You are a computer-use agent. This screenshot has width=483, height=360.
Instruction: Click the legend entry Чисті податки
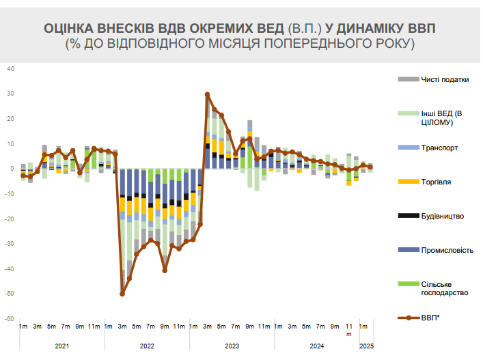tap(445, 79)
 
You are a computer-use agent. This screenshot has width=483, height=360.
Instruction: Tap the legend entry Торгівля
tap(437, 182)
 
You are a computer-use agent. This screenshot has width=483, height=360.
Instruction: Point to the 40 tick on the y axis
tap(10, 69)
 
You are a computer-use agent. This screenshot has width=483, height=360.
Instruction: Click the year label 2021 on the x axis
tap(62, 347)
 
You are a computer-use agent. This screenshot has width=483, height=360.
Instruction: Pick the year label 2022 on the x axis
tap(147, 347)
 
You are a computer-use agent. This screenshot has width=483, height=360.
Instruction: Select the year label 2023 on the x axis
tap(232, 347)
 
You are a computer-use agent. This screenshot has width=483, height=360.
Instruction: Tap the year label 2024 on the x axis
tap(316, 347)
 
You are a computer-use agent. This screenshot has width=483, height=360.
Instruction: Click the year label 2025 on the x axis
tap(366, 347)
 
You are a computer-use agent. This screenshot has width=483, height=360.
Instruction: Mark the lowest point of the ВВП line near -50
tap(122, 294)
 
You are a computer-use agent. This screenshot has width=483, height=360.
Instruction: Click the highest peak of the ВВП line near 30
tap(207, 94)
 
